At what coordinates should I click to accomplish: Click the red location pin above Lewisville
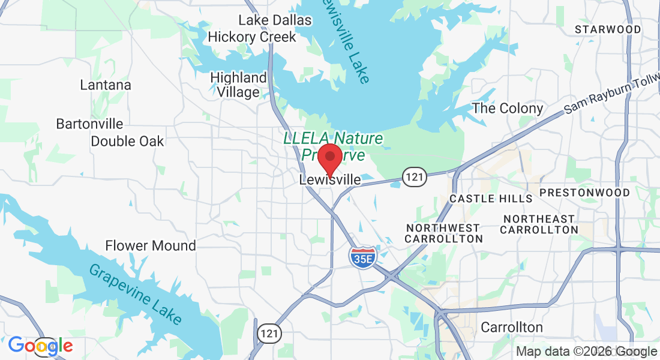pyautogui.click(x=329, y=158)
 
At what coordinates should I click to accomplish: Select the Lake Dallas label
pyautogui.click(x=275, y=20)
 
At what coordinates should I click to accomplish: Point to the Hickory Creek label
pyautogui.click(x=252, y=37)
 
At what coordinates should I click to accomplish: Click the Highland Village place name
pyautogui.click(x=239, y=85)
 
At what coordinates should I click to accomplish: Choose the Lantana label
pyautogui.click(x=106, y=85)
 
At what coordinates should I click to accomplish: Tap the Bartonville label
pyautogui.click(x=89, y=124)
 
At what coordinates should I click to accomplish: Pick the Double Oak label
pyautogui.click(x=127, y=142)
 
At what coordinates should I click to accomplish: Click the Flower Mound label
pyautogui.click(x=151, y=245)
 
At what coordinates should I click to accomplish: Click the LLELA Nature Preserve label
pyautogui.click(x=333, y=146)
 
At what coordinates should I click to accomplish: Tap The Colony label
pyautogui.click(x=508, y=109)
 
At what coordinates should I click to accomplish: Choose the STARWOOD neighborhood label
pyautogui.click(x=608, y=29)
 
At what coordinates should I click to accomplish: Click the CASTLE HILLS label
pyautogui.click(x=491, y=199)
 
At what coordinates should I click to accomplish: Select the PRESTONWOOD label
pyautogui.click(x=584, y=193)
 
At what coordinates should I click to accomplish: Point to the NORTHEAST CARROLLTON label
pyautogui.click(x=539, y=224)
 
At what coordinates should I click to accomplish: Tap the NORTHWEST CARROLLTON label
pyautogui.click(x=443, y=233)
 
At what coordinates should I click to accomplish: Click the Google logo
pyautogui.click(x=40, y=346)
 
